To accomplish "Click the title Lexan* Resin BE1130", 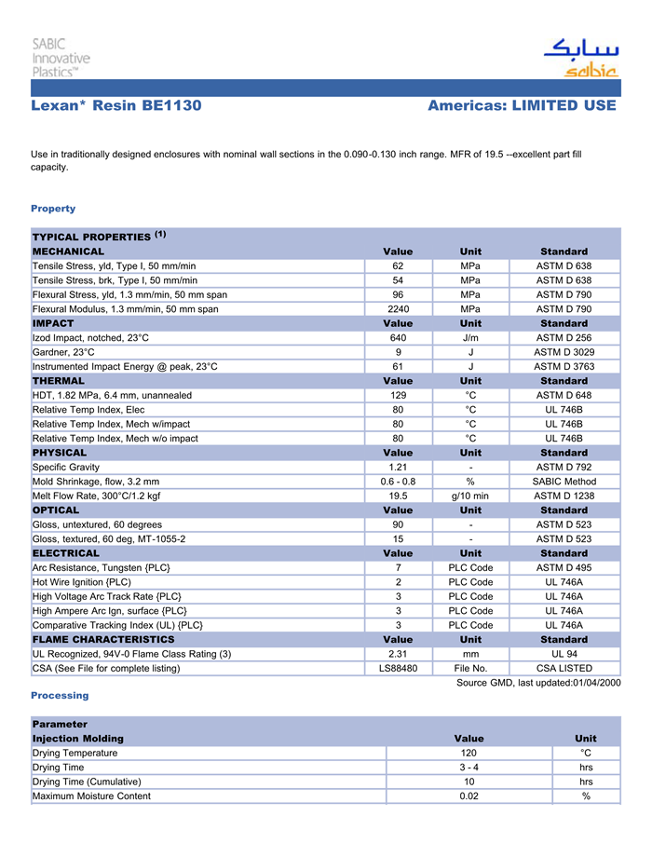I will click(x=116, y=106).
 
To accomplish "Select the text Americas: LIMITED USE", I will click(x=522, y=106).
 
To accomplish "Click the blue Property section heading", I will click(x=53, y=209).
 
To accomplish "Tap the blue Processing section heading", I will click(x=60, y=696).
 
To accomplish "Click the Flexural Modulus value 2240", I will click(x=398, y=309).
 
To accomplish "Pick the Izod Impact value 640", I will click(x=398, y=338).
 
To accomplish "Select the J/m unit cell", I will click(x=470, y=338).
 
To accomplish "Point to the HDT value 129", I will click(x=398, y=395).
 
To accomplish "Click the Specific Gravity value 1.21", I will click(x=398, y=467).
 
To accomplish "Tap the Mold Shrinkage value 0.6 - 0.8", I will click(x=398, y=482).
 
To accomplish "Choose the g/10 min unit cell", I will click(x=470, y=496).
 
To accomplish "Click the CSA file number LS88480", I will click(x=398, y=669).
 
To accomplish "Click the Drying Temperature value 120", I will click(x=469, y=753).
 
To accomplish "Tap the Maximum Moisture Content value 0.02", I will click(x=469, y=796).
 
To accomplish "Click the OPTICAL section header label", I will click(x=56, y=510).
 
